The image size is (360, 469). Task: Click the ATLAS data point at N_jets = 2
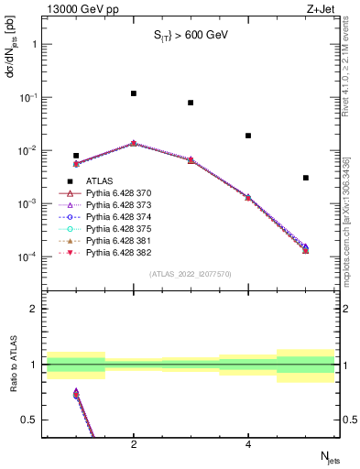tap(134, 93)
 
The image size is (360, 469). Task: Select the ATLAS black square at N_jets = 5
tap(306, 178)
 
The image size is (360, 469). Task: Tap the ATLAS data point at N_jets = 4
tap(248, 136)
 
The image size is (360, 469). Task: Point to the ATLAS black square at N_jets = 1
tap(76, 156)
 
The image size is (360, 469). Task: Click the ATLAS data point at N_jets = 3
tap(191, 103)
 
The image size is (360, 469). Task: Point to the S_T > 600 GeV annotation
tap(190, 36)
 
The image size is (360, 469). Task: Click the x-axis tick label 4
tap(248, 444)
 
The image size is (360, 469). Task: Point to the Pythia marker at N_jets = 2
tap(134, 143)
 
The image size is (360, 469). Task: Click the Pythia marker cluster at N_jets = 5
tap(306, 248)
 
